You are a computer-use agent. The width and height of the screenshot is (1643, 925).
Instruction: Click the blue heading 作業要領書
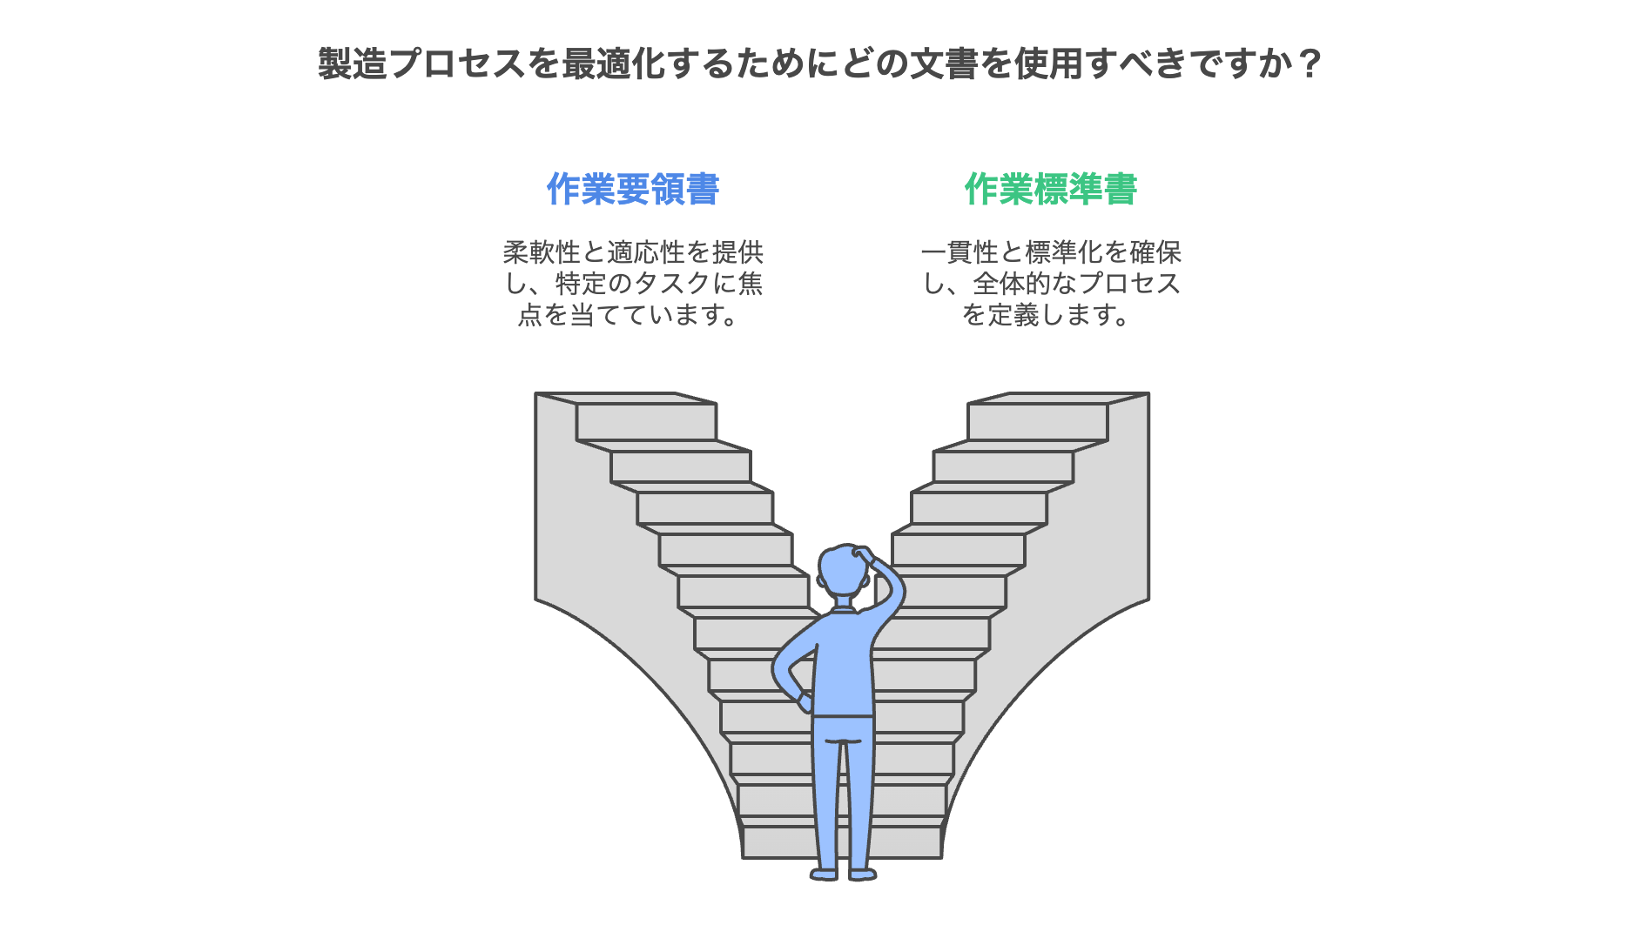tap(632, 190)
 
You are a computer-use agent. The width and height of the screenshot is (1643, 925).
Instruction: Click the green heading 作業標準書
tap(1050, 190)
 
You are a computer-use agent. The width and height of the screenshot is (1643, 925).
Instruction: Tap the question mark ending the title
tap(1309, 64)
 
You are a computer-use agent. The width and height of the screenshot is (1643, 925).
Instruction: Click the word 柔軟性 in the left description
tap(542, 252)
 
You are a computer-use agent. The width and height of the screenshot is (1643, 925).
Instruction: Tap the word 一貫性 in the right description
tap(960, 252)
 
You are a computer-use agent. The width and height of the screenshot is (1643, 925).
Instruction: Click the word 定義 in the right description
tap(1013, 315)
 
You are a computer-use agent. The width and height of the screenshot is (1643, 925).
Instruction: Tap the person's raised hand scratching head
tap(864, 555)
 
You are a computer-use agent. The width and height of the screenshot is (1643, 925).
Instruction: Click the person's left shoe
tap(824, 874)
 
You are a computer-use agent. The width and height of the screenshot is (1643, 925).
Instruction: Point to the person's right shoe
tap(862, 874)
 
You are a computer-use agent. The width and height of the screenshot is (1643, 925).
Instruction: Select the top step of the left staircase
tap(646, 421)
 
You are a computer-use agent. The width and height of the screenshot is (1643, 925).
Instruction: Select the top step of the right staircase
tap(1037, 421)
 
